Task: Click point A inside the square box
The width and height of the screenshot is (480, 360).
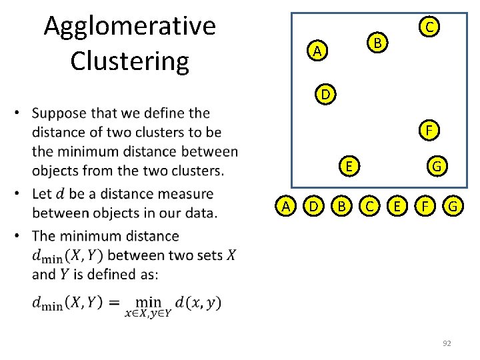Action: (x=318, y=51)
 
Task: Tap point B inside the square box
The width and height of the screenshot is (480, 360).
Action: (x=377, y=43)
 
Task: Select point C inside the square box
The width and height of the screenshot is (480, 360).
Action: (x=430, y=27)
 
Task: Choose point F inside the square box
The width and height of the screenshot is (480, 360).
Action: (x=431, y=130)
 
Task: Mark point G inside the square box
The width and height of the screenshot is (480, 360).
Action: (x=437, y=166)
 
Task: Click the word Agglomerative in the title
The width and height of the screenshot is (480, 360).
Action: (x=130, y=27)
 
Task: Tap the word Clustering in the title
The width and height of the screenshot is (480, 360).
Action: (x=130, y=61)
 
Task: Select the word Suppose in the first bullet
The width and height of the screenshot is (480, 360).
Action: (x=63, y=113)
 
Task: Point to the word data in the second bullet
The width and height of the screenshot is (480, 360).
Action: (x=200, y=213)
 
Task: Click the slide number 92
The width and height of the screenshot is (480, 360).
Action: (x=447, y=343)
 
